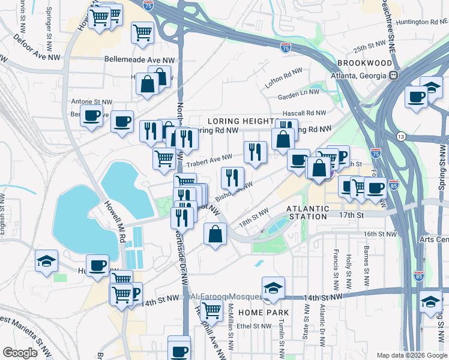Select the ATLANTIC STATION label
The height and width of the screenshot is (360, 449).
(308, 208)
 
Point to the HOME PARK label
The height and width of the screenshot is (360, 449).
(264, 313)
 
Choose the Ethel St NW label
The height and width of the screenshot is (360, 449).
(255, 326)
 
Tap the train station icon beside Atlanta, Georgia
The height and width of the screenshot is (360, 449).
(394, 76)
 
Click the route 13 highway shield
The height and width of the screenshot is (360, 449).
(399, 137)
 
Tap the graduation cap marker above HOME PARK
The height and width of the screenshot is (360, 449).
(273, 287)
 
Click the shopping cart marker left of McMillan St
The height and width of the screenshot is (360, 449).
(211, 311)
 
